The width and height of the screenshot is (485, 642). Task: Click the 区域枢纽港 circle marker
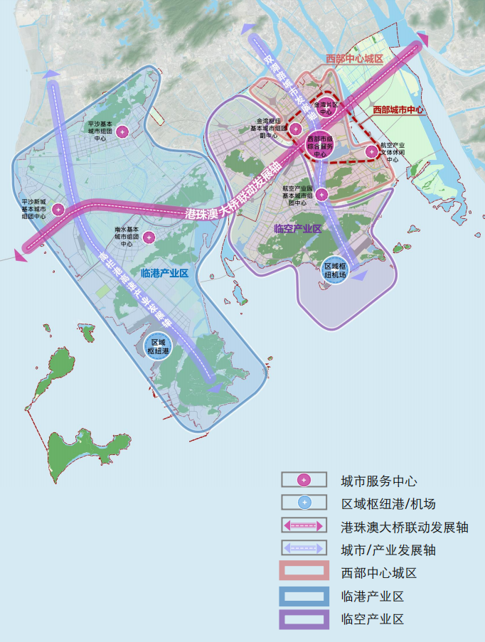(x=158, y=346)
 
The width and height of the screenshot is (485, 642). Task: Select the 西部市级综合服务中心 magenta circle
(x=319, y=145)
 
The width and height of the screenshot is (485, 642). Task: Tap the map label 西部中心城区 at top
(x=353, y=58)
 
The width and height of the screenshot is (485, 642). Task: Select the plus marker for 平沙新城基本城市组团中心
(x=58, y=209)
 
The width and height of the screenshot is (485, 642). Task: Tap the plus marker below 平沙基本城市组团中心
(x=123, y=131)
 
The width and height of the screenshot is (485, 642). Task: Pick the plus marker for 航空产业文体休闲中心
(x=371, y=151)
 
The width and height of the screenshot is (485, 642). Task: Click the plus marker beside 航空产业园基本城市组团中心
(x=321, y=194)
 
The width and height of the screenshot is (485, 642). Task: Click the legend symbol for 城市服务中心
(x=304, y=480)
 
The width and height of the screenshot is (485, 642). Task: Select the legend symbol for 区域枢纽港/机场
(x=304, y=503)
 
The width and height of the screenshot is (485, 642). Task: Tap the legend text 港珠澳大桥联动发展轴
(x=404, y=527)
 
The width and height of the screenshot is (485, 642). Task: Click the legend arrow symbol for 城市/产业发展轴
(x=304, y=550)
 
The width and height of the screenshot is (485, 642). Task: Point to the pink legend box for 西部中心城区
(x=304, y=573)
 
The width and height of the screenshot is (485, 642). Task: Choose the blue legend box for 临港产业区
(x=304, y=596)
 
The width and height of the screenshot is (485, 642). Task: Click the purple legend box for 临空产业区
(x=304, y=619)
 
